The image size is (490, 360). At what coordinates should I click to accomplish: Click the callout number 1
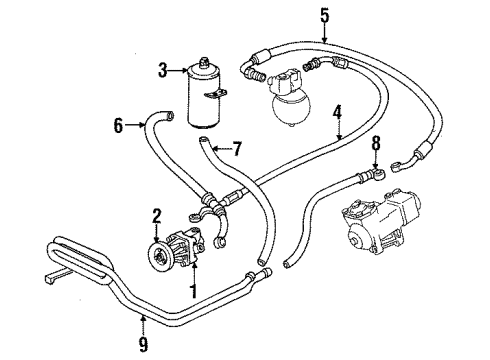point(193,291)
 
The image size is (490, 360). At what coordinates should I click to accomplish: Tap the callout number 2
point(157,216)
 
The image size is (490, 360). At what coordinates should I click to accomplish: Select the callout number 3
point(163,70)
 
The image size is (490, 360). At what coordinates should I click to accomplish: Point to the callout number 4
point(337,112)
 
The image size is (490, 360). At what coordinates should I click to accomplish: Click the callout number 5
point(325,15)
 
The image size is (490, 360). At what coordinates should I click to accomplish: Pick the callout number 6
point(118,125)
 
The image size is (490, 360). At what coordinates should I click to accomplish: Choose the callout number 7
point(236,148)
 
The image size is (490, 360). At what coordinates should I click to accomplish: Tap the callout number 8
point(376,143)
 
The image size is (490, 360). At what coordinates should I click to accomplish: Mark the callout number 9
point(143,344)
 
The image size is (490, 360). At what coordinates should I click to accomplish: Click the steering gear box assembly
point(381,223)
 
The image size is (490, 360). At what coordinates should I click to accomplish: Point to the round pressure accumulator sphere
point(291,107)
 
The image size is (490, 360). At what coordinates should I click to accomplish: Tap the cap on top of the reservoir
point(203,62)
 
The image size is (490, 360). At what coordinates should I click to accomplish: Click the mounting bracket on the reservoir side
point(215,94)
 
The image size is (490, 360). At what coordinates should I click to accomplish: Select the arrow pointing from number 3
point(178,70)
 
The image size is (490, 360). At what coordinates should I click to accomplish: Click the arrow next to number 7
point(221,148)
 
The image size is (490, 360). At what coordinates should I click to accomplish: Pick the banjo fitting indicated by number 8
point(379,174)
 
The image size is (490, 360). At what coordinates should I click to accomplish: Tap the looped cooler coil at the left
point(79,260)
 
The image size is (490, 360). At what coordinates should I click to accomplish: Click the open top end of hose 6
point(170,115)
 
